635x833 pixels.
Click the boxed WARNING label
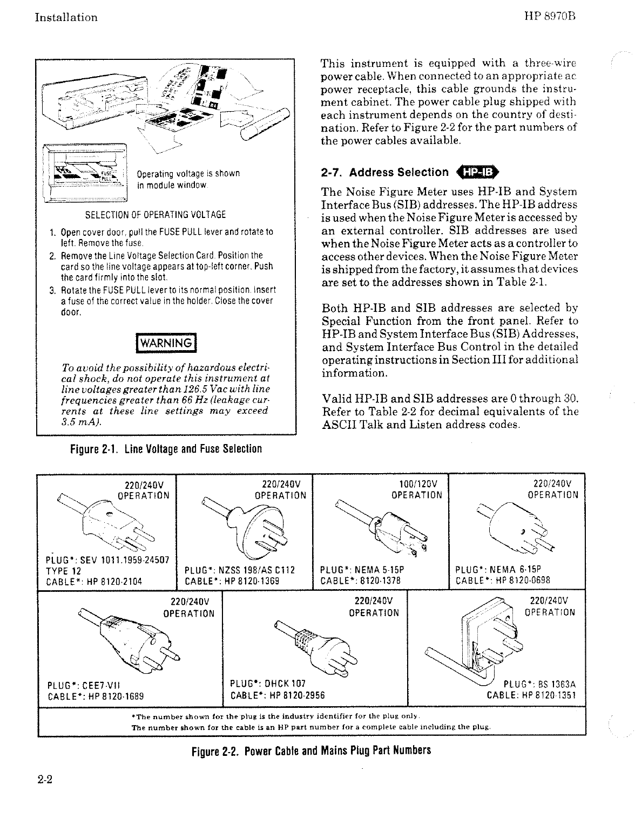(x=166, y=343)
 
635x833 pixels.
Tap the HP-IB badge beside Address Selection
(x=479, y=173)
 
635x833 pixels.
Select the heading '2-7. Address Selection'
(x=384, y=173)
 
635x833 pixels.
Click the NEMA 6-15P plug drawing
(x=516, y=526)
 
